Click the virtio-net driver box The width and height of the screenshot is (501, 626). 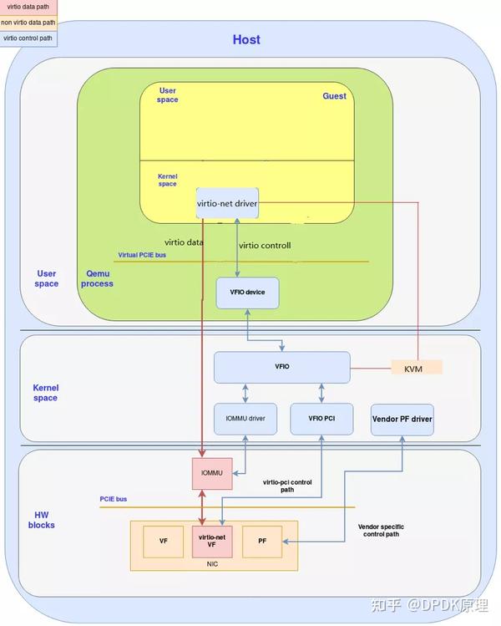click(x=226, y=203)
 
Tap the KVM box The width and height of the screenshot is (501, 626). click(x=416, y=367)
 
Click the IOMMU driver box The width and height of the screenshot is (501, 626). click(x=245, y=418)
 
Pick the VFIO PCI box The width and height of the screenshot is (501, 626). click(x=321, y=418)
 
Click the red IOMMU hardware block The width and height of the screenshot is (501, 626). click(x=212, y=473)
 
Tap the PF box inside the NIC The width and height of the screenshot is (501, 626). click(x=262, y=542)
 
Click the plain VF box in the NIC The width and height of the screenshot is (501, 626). click(x=164, y=542)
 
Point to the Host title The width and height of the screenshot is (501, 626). click(x=246, y=39)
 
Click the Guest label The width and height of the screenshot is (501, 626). click(x=334, y=96)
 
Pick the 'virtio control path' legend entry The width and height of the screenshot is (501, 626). click(x=28, y=38)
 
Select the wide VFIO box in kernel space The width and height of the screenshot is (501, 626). click(x=281, y=367)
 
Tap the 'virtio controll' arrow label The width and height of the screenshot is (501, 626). click(x=265, y=246)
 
